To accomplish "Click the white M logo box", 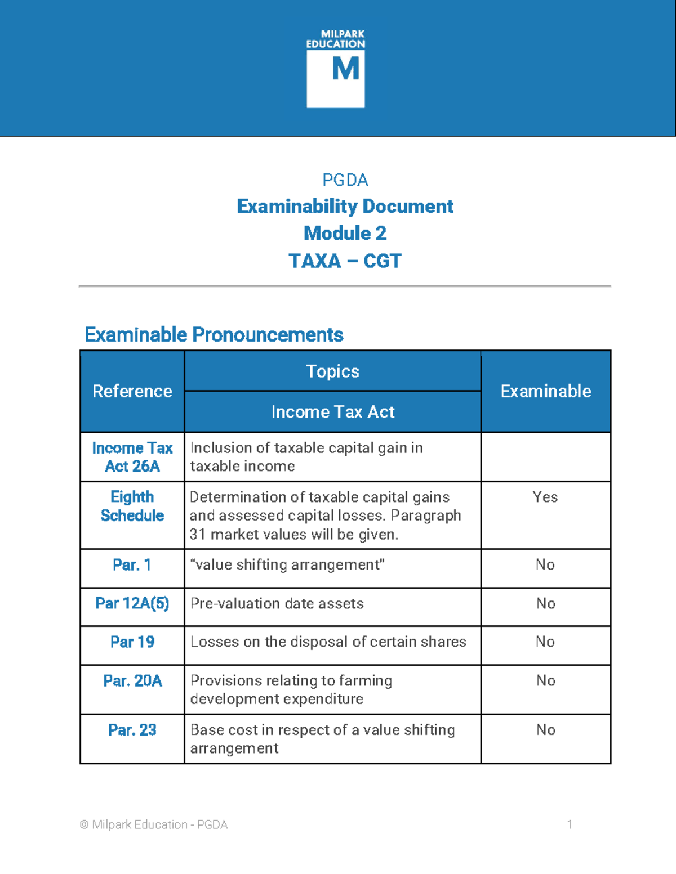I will coord(336,78).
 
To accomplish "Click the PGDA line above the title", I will coord(345,180).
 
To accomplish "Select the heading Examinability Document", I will coord(345,207).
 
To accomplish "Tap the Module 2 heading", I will coord(345,233).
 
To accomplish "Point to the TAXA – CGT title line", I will coord(345,261).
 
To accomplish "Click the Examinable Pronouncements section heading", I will coord(214,335).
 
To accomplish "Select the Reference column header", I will coord(132,391).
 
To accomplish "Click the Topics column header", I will coord(332,371).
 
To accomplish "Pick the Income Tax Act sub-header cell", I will coord(332,412).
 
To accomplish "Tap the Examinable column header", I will coord(545,391).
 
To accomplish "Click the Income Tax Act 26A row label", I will coord(132,457).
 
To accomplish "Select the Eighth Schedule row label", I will coord(132,506).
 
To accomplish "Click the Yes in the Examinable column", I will coord(545,497).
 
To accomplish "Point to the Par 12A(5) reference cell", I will coord(132,603).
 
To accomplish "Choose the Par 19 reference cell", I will coord(132,642).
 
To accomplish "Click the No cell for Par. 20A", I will coord(545,680).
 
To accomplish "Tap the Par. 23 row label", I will coord(132,730).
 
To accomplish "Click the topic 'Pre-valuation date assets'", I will coord(277,603).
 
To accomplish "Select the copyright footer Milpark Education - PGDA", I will coord(154,824).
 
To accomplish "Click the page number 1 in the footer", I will coord(570,824).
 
